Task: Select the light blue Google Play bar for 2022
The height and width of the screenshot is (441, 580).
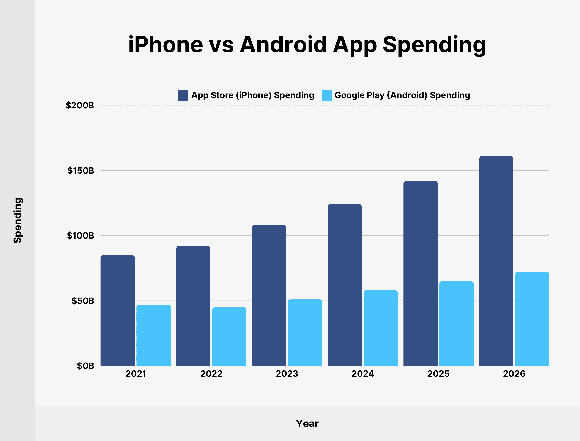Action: [x=229, y=336]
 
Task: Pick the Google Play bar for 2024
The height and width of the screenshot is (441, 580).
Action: [x=381, y=328]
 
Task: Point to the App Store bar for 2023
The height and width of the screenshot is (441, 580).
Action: [x=269, y=295]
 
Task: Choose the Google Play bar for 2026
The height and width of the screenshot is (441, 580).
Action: [x=532, y=319]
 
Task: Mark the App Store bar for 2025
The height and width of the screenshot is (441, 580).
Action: [x=420, y=273]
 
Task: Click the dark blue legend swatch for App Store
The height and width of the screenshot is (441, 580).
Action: [x=183, y=95]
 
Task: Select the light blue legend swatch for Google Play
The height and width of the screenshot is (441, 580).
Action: [x=327, y=95]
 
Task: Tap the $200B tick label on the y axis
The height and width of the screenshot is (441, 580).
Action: [x=80, y=106]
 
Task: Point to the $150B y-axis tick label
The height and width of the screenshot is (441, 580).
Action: [x=81, y=171]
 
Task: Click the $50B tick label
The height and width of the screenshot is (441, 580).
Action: [x=83, y=301]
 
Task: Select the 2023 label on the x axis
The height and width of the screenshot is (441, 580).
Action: [x=287, y=374]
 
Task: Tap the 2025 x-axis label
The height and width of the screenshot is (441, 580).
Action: [x=438, y=374]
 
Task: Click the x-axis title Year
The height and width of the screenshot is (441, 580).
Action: [x=307, y=423]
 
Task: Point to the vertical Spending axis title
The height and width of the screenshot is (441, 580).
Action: [x=18, y=220]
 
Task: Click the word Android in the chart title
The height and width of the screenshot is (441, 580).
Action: [x=283, y=45]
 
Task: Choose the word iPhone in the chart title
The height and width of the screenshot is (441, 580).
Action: [x=165, y=45]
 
